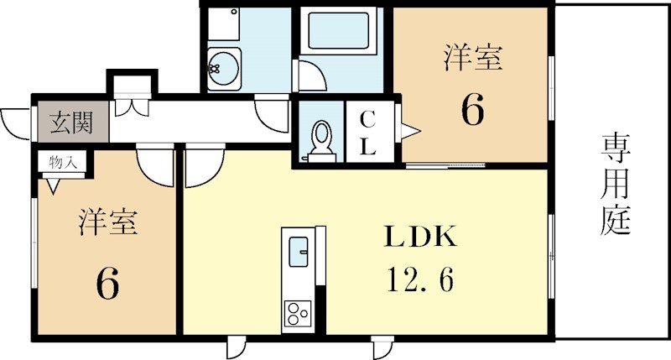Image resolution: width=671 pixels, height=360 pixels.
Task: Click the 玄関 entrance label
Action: point(71,123)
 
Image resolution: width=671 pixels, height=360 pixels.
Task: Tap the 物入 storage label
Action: point(62,162)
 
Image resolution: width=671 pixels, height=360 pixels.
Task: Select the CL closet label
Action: point(367,133)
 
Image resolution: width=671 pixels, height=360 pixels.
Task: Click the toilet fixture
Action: point(321,141)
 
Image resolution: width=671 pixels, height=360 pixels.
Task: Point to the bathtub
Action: point(339,31)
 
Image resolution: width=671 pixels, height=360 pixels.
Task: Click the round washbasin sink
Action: point(223,68)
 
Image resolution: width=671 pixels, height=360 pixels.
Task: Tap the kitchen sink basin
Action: point(298,251)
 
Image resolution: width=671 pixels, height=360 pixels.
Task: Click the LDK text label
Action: point(420,237)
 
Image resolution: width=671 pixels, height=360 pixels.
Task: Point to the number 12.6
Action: point(420,279)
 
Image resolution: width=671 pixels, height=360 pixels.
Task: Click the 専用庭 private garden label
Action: point(615,184)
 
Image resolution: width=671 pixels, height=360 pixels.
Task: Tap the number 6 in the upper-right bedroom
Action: point(473,110)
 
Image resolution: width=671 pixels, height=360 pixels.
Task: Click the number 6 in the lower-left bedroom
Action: point(107,284)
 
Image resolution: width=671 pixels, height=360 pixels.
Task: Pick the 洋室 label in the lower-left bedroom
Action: point(108,222)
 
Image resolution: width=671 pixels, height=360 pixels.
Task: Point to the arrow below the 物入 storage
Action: point(54,185)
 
